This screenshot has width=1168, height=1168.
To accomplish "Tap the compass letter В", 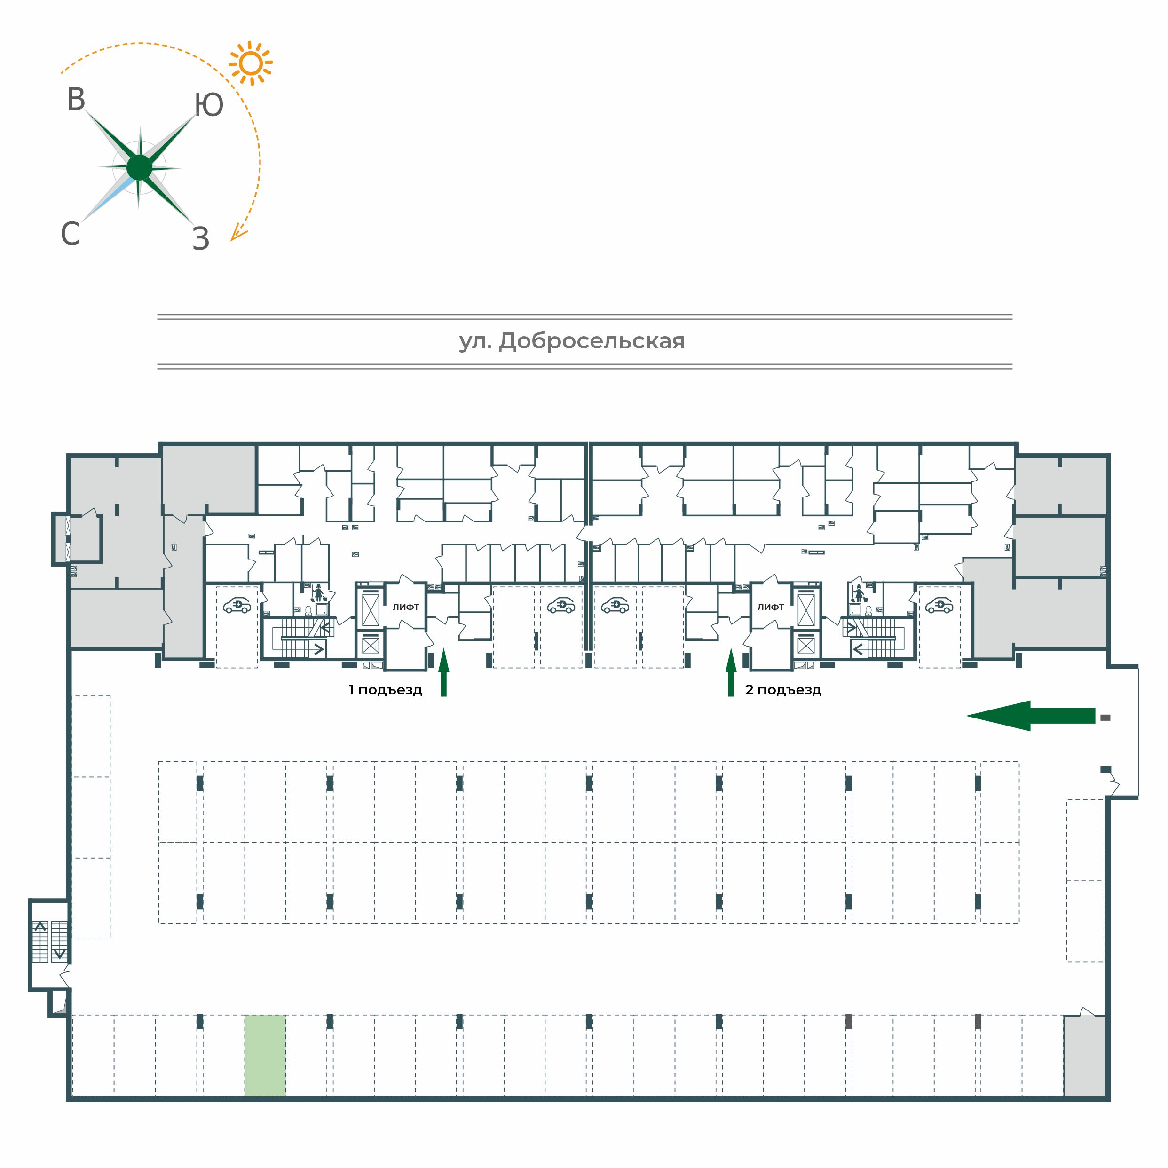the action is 76,100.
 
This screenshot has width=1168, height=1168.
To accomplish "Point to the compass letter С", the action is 70,233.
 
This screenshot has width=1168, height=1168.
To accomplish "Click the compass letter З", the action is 201,239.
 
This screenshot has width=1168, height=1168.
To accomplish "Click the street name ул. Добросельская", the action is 572,341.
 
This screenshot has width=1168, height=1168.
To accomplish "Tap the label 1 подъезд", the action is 385,690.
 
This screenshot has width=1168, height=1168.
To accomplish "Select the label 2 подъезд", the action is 783,690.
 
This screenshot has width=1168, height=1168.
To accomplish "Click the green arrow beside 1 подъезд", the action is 444,672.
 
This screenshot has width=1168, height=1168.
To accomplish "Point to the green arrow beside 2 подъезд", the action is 731,672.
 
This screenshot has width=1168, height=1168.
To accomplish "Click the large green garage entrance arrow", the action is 1030,716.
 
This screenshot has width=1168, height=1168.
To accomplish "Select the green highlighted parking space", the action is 265,1055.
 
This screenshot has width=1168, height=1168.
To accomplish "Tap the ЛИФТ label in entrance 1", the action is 406,607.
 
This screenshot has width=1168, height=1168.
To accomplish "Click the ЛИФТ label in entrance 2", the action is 771,607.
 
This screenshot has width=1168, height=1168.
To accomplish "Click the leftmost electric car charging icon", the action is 237,605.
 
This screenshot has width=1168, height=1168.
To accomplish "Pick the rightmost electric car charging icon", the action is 939,605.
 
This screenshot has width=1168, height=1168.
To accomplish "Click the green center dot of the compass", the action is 140,167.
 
